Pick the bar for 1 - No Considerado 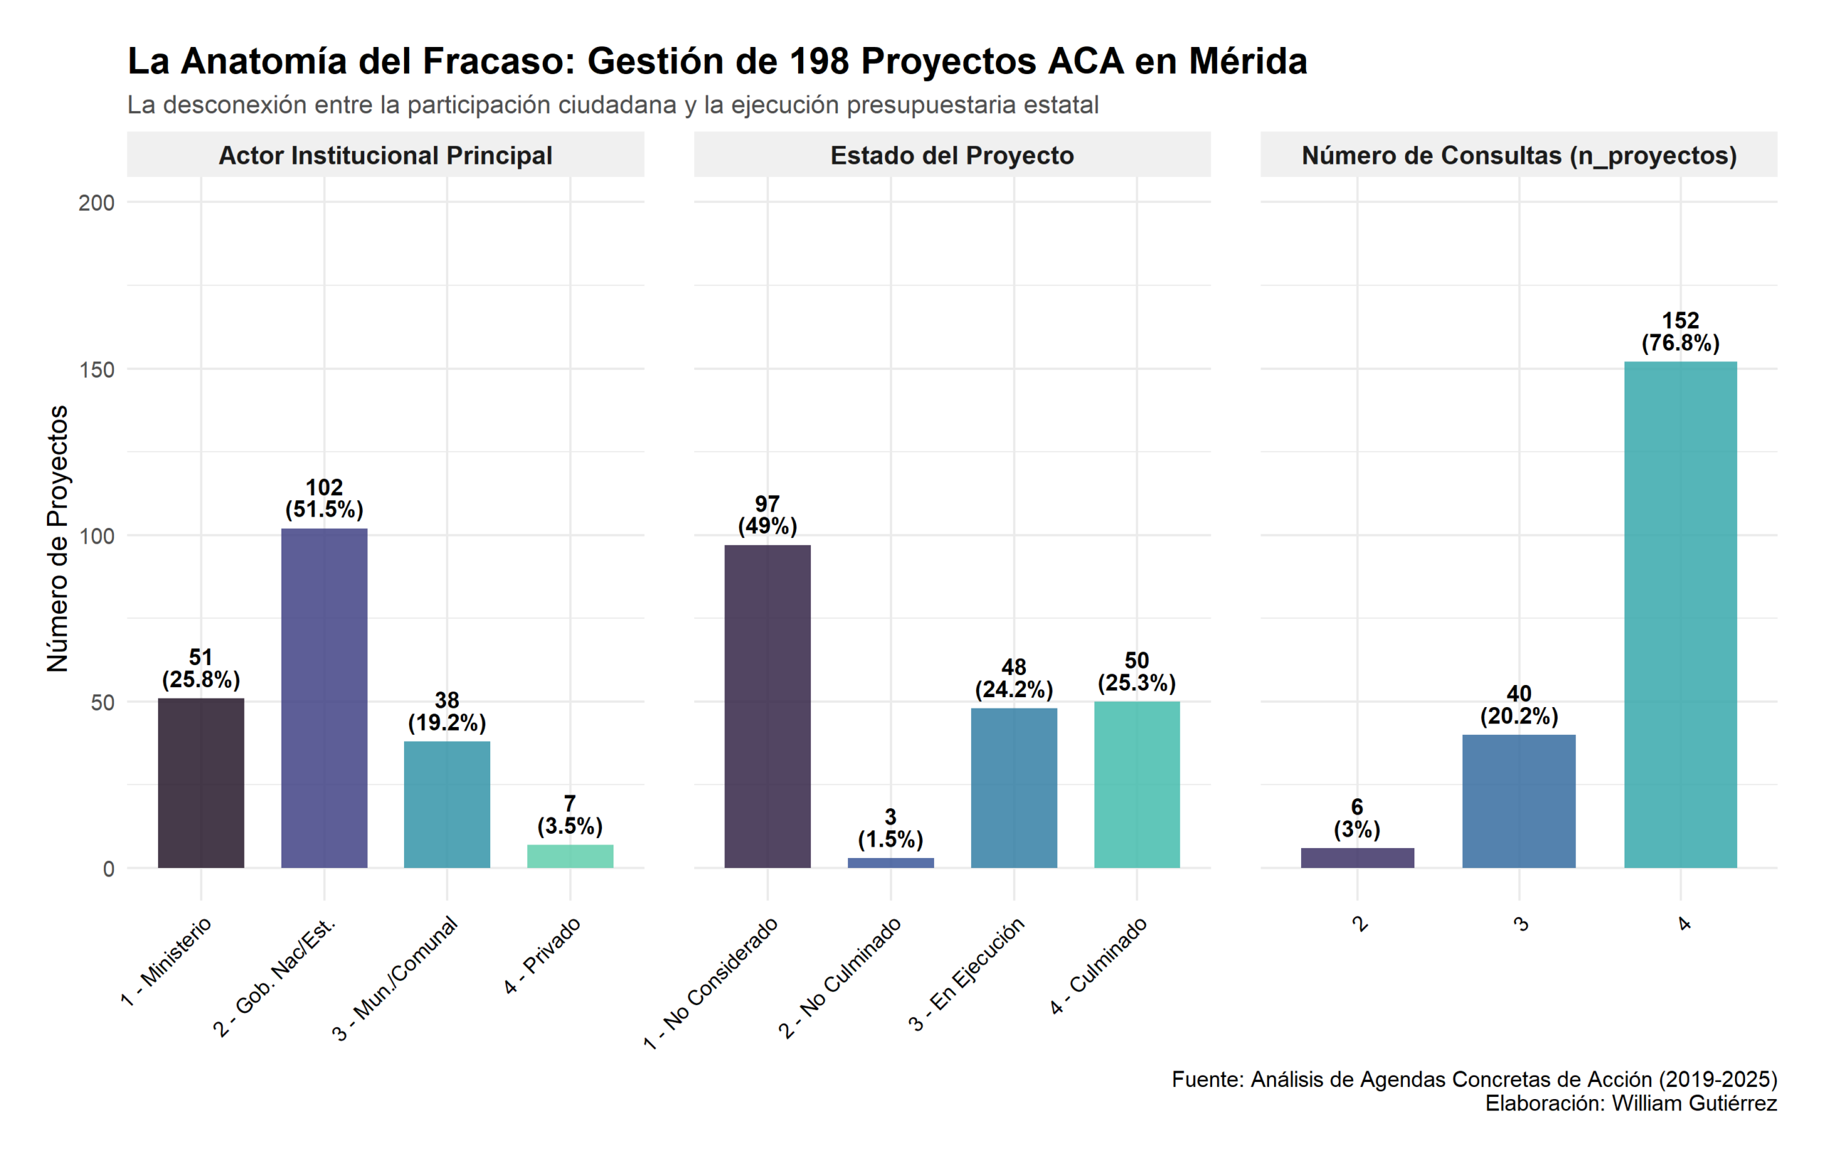pos(767,706)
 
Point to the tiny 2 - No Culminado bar pos(890,862)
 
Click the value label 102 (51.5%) pos(324,498)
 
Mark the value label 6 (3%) pos(1357,817)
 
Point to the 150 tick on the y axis pos(96,370)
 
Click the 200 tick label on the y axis pos(96,203)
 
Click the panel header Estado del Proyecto pos(951,155)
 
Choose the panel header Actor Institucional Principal pos(385,155)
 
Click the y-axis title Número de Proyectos pos(58,538)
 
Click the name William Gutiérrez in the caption pos(1694,1103)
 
